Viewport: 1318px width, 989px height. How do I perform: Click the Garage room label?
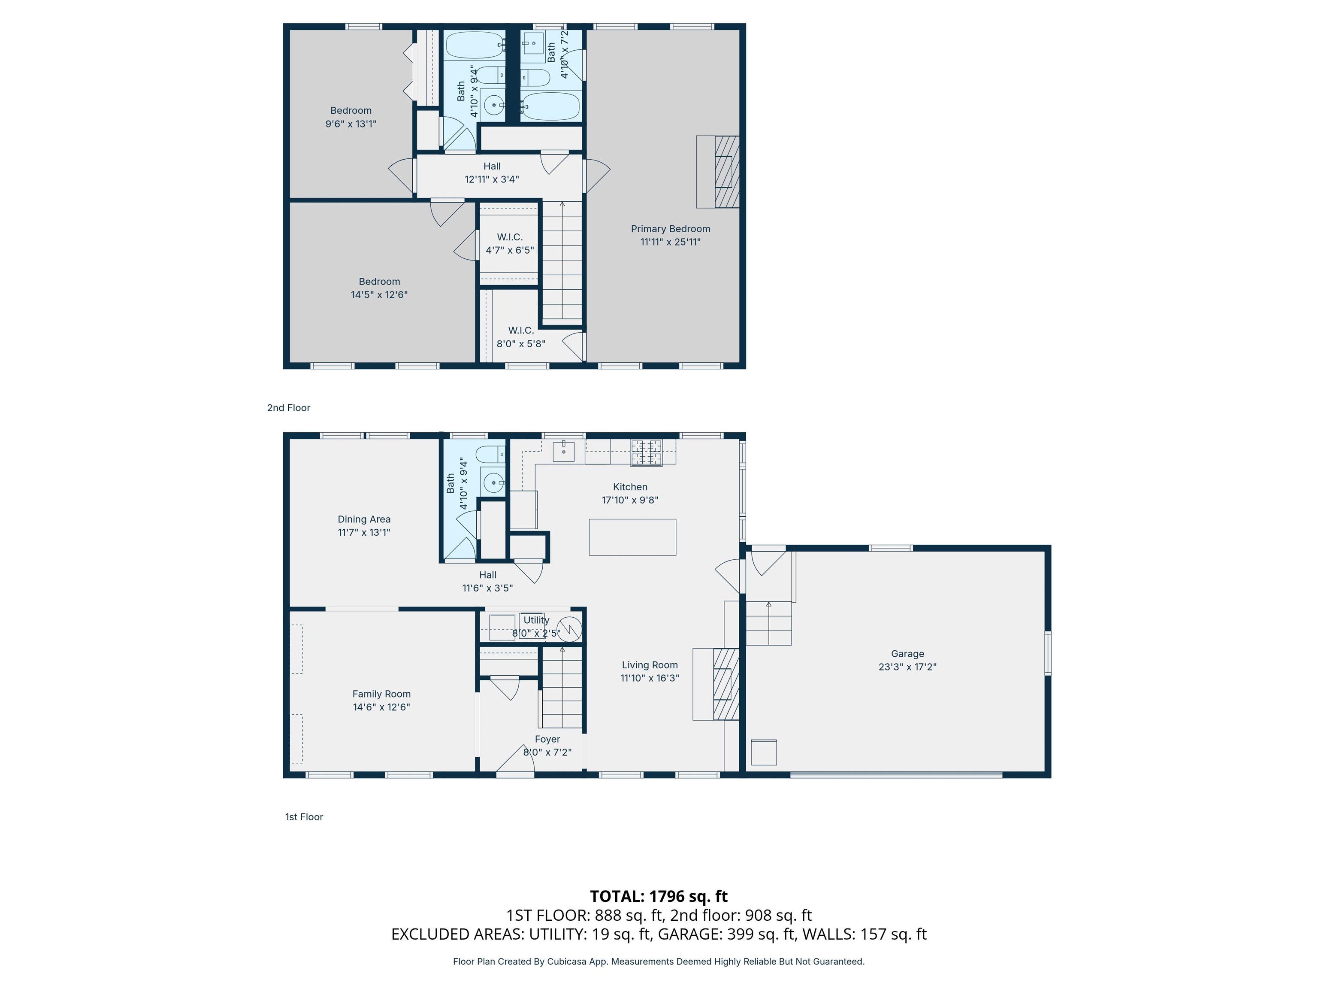907,653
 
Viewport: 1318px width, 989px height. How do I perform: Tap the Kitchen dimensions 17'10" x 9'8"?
630,500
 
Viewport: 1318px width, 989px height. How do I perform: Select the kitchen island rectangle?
632,537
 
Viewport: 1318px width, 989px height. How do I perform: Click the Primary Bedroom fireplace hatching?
727,172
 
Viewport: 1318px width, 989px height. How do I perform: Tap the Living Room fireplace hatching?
726,684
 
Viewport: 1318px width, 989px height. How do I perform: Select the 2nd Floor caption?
288,408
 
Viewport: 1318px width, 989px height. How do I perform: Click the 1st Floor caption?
304,817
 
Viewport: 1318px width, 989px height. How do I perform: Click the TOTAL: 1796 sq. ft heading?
659,896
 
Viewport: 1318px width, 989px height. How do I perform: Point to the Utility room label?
536,620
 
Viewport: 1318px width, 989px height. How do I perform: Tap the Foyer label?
547,739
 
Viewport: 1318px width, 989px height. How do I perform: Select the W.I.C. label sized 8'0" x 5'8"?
521,330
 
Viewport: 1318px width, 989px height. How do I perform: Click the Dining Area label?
364,519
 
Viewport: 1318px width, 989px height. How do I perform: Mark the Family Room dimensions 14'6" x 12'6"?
381,707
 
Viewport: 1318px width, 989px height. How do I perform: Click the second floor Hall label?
492,166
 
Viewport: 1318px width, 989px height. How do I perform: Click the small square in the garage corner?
763,752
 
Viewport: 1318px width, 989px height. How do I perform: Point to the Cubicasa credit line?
659,962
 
